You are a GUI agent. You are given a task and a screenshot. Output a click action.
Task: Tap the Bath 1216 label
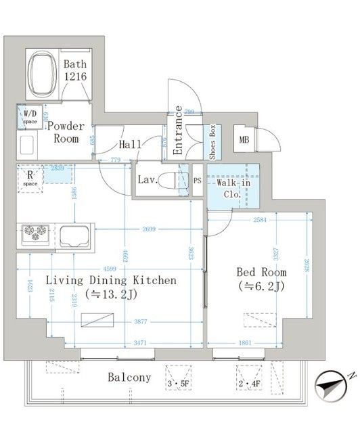74,71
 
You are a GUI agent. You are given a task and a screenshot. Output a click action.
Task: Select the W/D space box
30,118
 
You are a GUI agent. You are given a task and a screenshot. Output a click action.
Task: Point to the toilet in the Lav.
180,181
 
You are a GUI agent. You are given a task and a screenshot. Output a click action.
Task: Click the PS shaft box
197,181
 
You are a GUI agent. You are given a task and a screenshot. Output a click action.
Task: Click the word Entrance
178,131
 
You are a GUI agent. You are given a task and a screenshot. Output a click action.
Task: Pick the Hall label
130,144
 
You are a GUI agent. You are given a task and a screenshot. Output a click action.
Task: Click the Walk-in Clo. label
233,187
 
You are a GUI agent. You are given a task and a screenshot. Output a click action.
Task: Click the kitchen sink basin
76,236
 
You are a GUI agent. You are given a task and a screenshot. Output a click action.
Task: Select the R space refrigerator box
30,179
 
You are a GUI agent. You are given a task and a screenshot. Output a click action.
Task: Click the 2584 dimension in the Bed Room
260,220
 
